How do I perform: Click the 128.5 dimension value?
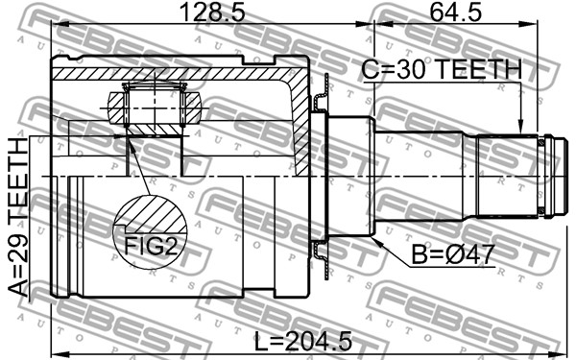click(213, 12)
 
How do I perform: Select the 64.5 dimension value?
click(455, 12)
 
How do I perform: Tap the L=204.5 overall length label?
click(303, 341)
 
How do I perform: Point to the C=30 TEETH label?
click(442, 69)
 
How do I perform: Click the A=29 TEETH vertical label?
click(18, 217)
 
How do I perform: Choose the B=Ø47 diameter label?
click(452, 254)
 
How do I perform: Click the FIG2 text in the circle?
click(151, 246)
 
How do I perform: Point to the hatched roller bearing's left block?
click(117, 108)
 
